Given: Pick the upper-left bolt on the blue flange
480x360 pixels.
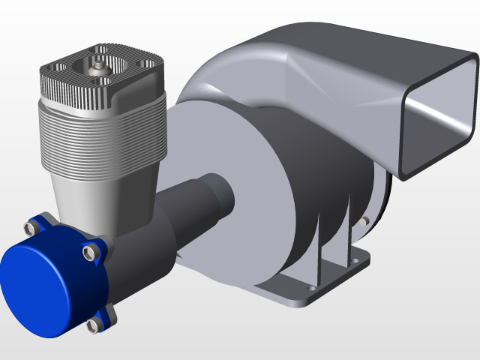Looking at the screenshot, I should coord(33,224).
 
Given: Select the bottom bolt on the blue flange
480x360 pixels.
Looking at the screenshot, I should coord(94,325).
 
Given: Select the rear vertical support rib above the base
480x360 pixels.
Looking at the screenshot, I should coord(349,225).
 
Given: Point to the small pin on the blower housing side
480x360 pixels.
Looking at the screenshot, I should coord(364,221).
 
